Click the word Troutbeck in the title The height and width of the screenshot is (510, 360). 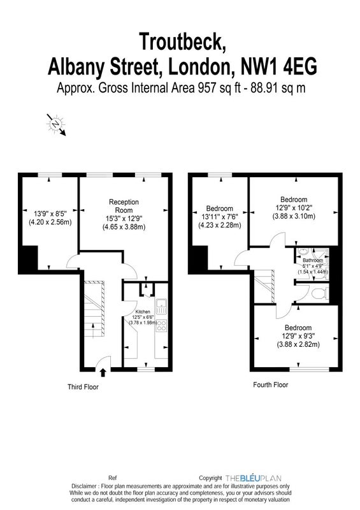[182, 41]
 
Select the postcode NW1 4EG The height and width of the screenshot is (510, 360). [278, 67]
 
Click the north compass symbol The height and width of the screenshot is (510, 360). [57, 124]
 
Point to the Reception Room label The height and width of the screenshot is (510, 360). [124, 206]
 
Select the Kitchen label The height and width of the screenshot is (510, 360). [143, 312]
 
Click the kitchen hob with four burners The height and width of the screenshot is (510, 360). [162, 326]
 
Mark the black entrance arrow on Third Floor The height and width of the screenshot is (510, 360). [103, 372]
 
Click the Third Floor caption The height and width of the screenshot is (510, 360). [83, 387]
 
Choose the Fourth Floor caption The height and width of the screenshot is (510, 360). [271, 385]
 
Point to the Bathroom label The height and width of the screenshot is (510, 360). [313, 260]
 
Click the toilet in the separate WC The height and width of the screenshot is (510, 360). [319, 294]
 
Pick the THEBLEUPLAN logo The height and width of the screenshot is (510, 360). [254, 478]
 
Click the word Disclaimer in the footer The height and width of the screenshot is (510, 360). [84, 486]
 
